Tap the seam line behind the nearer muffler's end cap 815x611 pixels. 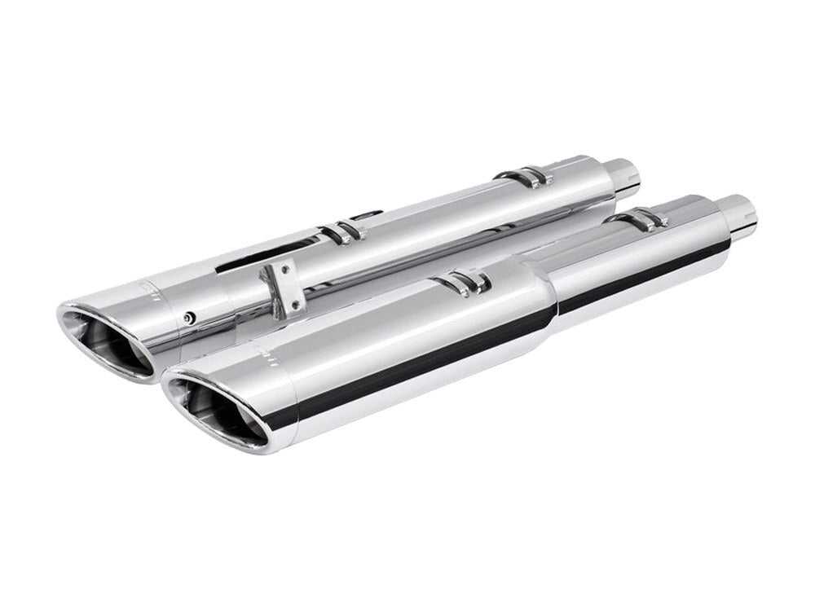[297, 407]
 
